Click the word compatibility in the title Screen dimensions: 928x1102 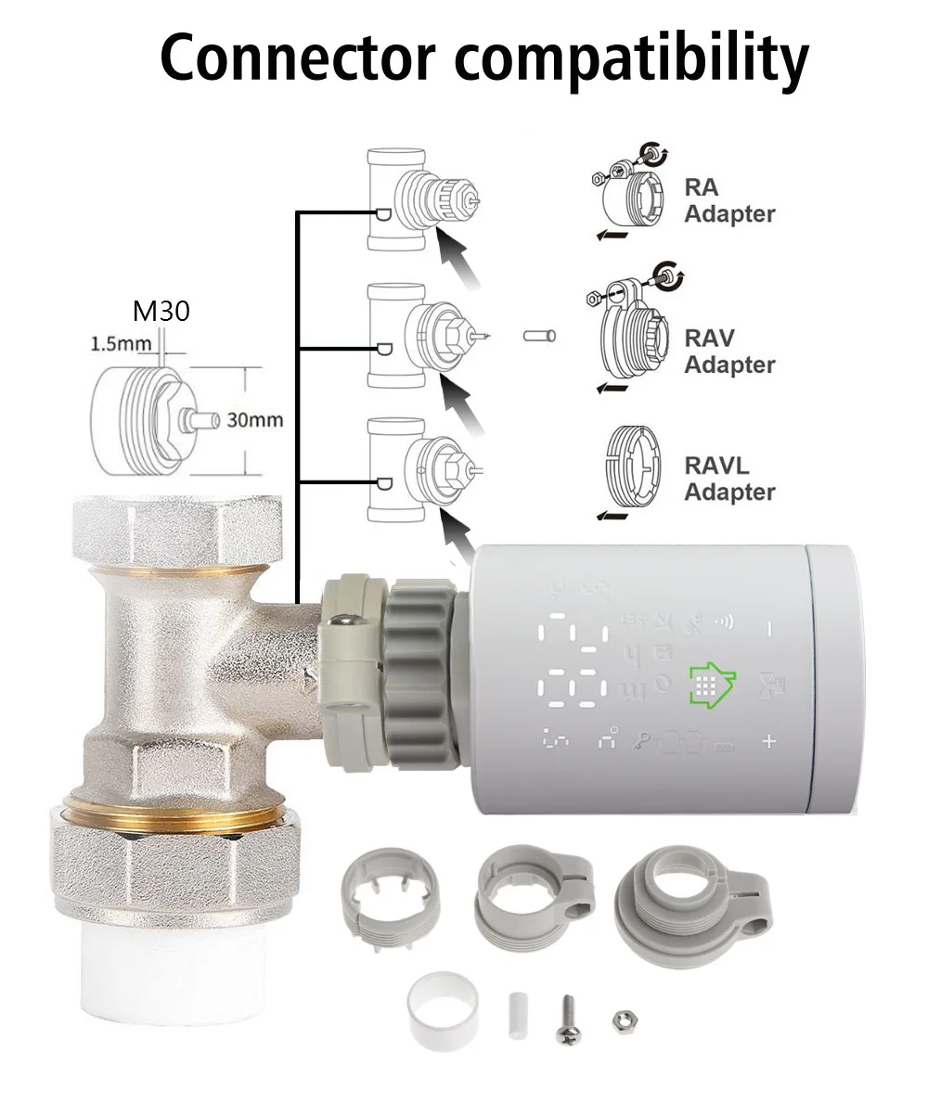tap(632, 59)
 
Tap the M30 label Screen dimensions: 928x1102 tap(161, 311)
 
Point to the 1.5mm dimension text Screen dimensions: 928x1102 tap(121, 343)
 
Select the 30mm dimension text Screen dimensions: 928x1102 tap(254, 419)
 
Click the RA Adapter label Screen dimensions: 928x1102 tap(729, 200)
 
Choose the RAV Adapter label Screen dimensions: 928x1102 tap(729, 352)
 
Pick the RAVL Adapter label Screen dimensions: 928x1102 tap(729, 479)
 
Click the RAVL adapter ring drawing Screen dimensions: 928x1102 tap(632, 467)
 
